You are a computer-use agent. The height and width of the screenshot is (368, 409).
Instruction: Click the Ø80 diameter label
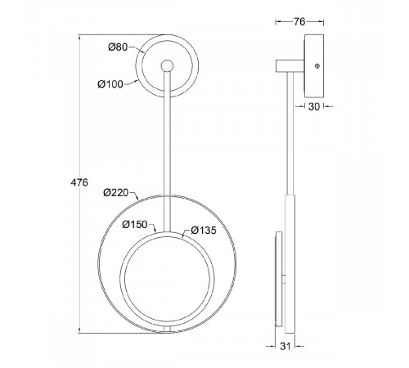tap(118, 47)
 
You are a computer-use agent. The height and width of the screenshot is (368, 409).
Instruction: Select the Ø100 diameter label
tap(110, 84)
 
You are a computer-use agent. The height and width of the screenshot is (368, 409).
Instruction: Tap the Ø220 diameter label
tap(116, 193)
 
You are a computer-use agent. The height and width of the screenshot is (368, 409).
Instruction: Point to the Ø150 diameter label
tap(135, 225)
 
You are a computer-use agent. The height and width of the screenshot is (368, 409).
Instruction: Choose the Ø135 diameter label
tap(204, 231)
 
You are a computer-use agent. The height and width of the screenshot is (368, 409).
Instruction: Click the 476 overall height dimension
tap(79, 182)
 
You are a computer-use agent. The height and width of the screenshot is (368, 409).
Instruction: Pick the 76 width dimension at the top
tap(299, 22)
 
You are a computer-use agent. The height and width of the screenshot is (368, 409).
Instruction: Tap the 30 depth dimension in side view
tap(314, 107)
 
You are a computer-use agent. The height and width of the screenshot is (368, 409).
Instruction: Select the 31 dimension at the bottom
tap(285, 346)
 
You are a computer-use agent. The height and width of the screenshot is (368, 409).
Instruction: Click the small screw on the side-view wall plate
tap(317, 65)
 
